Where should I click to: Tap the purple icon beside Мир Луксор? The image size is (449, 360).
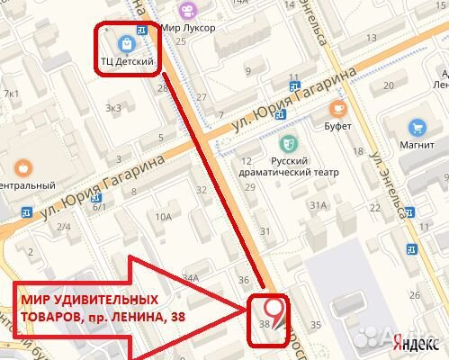point(187,11)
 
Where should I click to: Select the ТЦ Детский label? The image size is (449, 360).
point(128,62)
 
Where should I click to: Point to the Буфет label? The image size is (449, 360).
point(338,128)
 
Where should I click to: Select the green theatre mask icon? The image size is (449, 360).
point(290,142)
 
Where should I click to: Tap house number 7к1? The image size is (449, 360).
point(12,93)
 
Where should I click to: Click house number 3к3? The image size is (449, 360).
point(112,108)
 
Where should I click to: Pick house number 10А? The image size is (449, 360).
point(163,216)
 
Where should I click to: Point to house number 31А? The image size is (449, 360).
point(318,205)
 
